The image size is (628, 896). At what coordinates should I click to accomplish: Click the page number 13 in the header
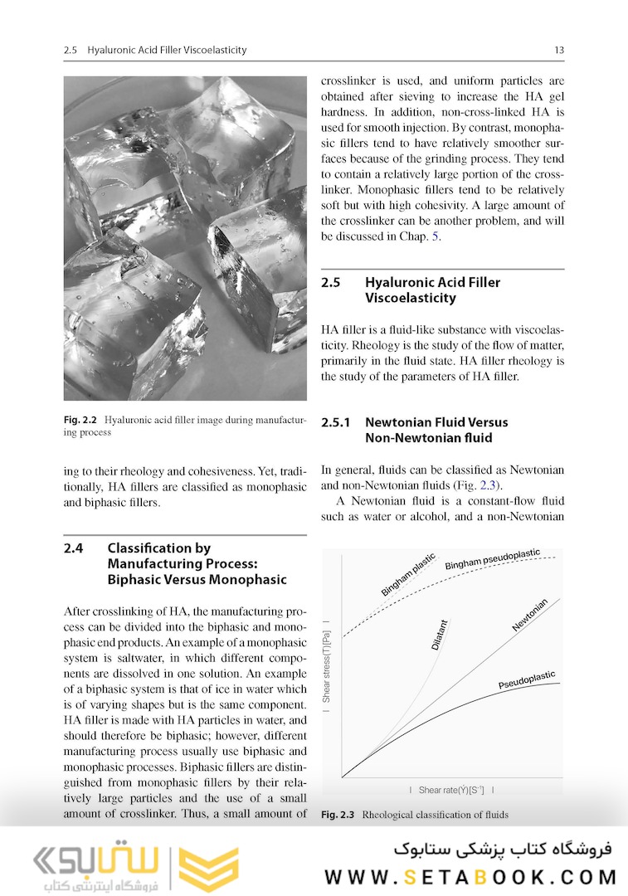(x=559, y=51)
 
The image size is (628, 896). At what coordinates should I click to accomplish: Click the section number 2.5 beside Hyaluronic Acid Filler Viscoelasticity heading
(x=331, y=282)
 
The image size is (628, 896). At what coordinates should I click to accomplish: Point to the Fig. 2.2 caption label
(x=81, y=421)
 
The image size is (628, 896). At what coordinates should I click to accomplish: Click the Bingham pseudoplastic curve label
(x=492, y=558)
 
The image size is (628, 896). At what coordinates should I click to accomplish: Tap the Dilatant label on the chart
(x=440, y=634)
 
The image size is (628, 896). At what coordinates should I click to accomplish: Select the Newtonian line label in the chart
(x=529, y=615)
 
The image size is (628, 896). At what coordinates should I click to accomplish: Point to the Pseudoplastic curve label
(x=527, y=680)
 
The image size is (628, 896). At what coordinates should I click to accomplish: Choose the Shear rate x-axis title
(x=451, y=790)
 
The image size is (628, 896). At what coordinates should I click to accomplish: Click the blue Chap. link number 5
(x=436, y=236)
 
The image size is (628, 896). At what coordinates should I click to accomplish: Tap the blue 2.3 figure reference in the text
(x=493, y=485)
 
